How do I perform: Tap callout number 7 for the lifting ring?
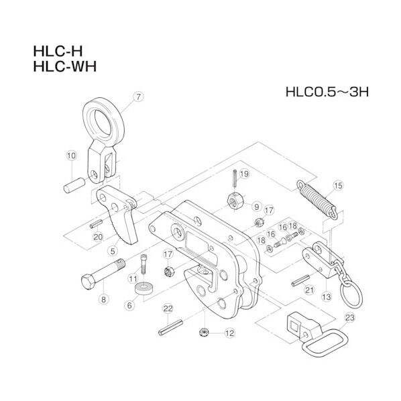click(138, 97)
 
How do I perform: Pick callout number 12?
click(229, 331)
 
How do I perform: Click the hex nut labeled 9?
click(235, 198)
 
